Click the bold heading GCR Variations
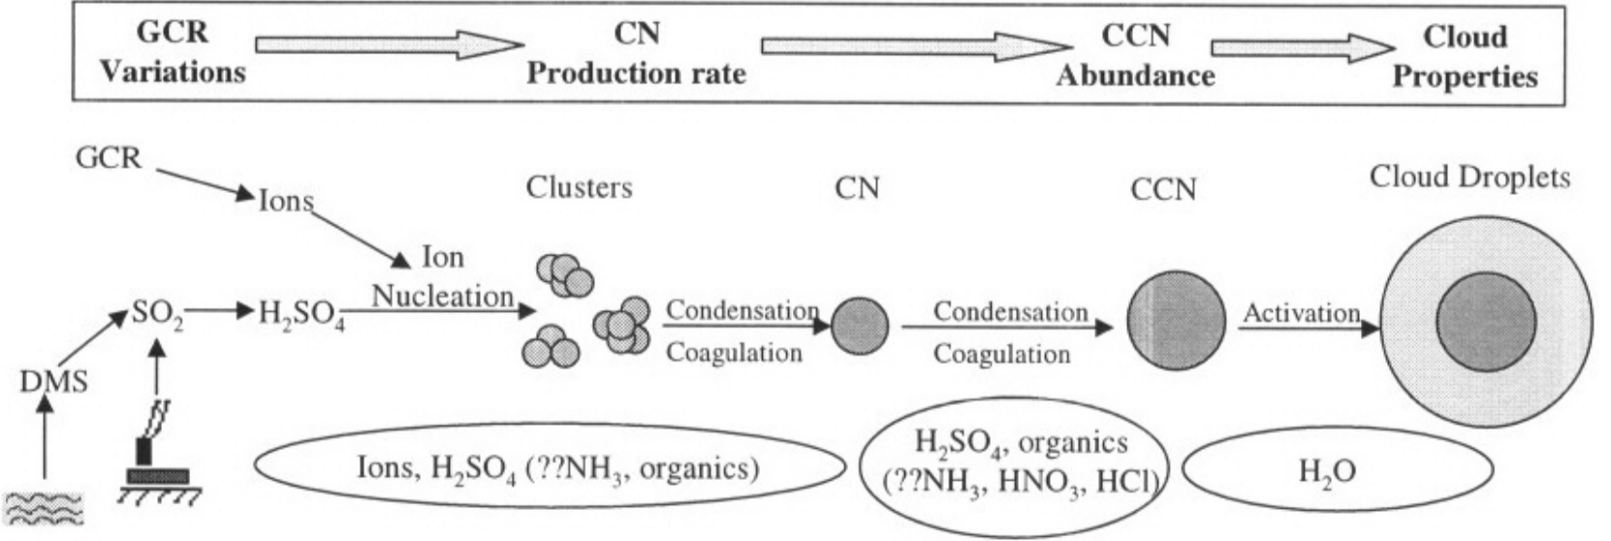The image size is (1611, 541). click(x=173, y=51)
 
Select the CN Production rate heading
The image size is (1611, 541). click(x=636, y=53)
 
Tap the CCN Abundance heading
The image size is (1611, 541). click(x=1135, y=55)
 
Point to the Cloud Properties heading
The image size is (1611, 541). click(x=1465, y=56)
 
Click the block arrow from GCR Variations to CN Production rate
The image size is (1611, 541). click(x=388, y=45)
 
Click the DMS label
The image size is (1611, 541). click(x=53, y=381)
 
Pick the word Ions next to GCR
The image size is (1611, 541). click(x=286, y=201)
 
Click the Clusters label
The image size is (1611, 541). click(x=579, y=186)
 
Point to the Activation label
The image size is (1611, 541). click(x=1301, y=313)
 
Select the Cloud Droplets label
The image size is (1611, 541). click(x=1469, y=177)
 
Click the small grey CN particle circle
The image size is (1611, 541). click(x=860, y=326)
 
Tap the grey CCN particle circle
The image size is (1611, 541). click(x=1176, y=321)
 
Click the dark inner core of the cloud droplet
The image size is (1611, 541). click(x=1485, y=321)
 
